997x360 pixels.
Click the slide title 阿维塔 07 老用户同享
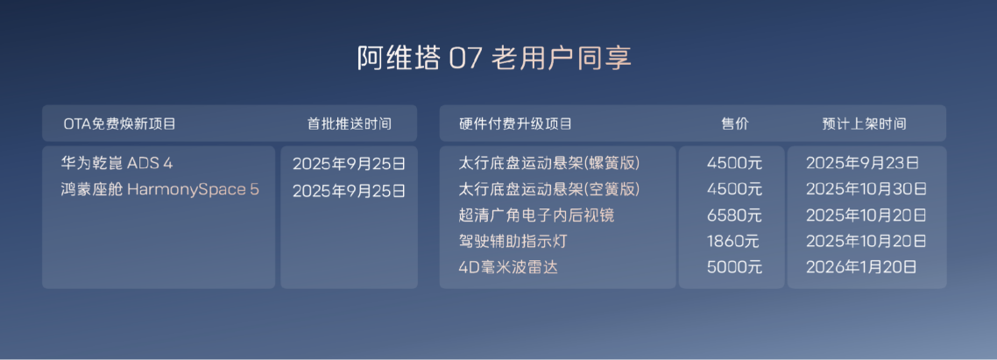pos(494,59)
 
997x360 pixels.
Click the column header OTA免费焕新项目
pos(120,124)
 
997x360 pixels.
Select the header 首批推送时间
pos(349,124)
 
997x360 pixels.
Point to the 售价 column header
pos(734,124)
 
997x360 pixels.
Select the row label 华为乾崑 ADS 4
pos(123,163)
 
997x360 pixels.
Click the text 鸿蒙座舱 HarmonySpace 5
pos(159,189)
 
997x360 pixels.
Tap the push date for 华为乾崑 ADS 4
pos(349,163)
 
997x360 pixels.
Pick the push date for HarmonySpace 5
pos(349,189)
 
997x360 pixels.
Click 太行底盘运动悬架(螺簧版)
pos(549,163)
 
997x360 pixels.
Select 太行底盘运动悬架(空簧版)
pos(549,189)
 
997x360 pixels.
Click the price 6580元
pos(734,215)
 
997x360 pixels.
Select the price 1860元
pos(733,241)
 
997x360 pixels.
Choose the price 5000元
pos(734,267)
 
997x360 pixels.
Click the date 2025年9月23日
pos(861,163)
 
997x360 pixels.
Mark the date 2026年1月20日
pos(861,267)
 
